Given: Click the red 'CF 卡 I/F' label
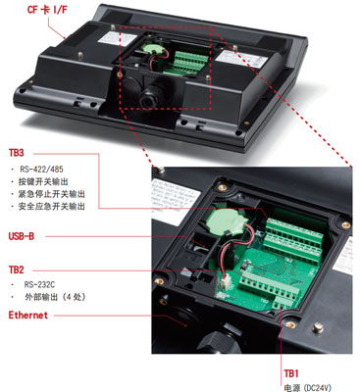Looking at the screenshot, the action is pyautogui.click(x=47, y=10).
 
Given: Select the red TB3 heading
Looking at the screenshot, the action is pyautogui.click(x=17, y=153).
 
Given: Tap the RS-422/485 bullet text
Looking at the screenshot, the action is pyautogui.click(x=41, y=170).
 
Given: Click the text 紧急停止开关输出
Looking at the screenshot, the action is pyautogui.click(x=52, y=194).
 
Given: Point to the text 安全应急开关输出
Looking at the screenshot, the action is pyautogui.click(x=52, y=207).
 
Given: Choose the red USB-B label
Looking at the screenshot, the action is pyautogui.click(x=22, y=236).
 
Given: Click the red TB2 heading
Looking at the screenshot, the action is pyautogui.click(x=17, y=269).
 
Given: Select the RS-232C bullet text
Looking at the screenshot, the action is pyautogui.click(x=39, y=284).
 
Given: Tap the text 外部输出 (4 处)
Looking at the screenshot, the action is pyautogui.click(x=55, y=297).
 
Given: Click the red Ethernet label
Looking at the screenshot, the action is pyautogui.click(x=28, y=316).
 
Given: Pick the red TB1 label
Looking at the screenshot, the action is pyautogui.click(x=291, y=373).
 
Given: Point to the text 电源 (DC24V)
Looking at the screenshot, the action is pyautogui.click(x=307, y=388).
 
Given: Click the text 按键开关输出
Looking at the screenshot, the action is pyautogui.click(x=43, y=181).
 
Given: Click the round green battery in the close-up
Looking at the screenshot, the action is pyautogui.click(x=226, y=221).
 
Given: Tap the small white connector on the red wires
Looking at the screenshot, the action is pyautogui.click(x=225, y=282).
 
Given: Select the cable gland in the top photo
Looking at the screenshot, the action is pyautogui.click(x=150, y=97).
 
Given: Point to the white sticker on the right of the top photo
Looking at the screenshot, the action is pyautogui.click(x=241, y=59).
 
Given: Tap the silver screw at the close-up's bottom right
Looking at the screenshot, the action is pyautogui.click(x=317, y=327).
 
